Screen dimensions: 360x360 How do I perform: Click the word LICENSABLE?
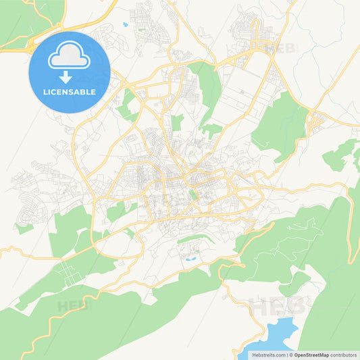[x=70, y=92]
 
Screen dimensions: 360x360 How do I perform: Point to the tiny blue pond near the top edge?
[x=125, y=24]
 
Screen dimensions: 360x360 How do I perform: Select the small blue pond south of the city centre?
[x=191, y=257]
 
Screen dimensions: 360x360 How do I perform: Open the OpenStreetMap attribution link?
[x=311, y=354]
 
